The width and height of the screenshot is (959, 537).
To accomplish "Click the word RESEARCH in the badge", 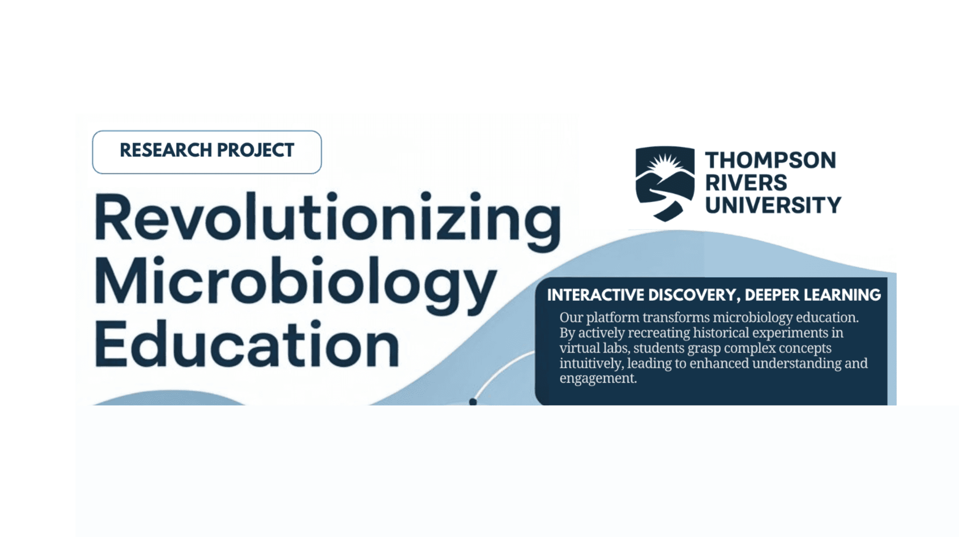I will click(166, 150).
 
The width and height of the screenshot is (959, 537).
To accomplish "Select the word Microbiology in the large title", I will click(295, 283).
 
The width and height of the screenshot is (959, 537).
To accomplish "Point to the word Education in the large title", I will click(247, 345).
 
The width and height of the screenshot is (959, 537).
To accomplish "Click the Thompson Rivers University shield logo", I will click(665, 183).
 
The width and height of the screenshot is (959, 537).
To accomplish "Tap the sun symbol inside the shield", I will click(666, 164).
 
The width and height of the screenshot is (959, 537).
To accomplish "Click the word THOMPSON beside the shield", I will click(770, 160).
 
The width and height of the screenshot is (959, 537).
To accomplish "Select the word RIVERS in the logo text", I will click(746, 183).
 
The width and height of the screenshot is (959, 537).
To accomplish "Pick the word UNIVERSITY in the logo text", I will click(773, 205).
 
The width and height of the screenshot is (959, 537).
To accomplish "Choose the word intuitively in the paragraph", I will click(591, 363).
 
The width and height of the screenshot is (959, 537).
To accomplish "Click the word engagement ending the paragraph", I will click(597, 378).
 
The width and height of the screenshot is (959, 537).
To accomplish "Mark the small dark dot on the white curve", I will click(473, 402).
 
